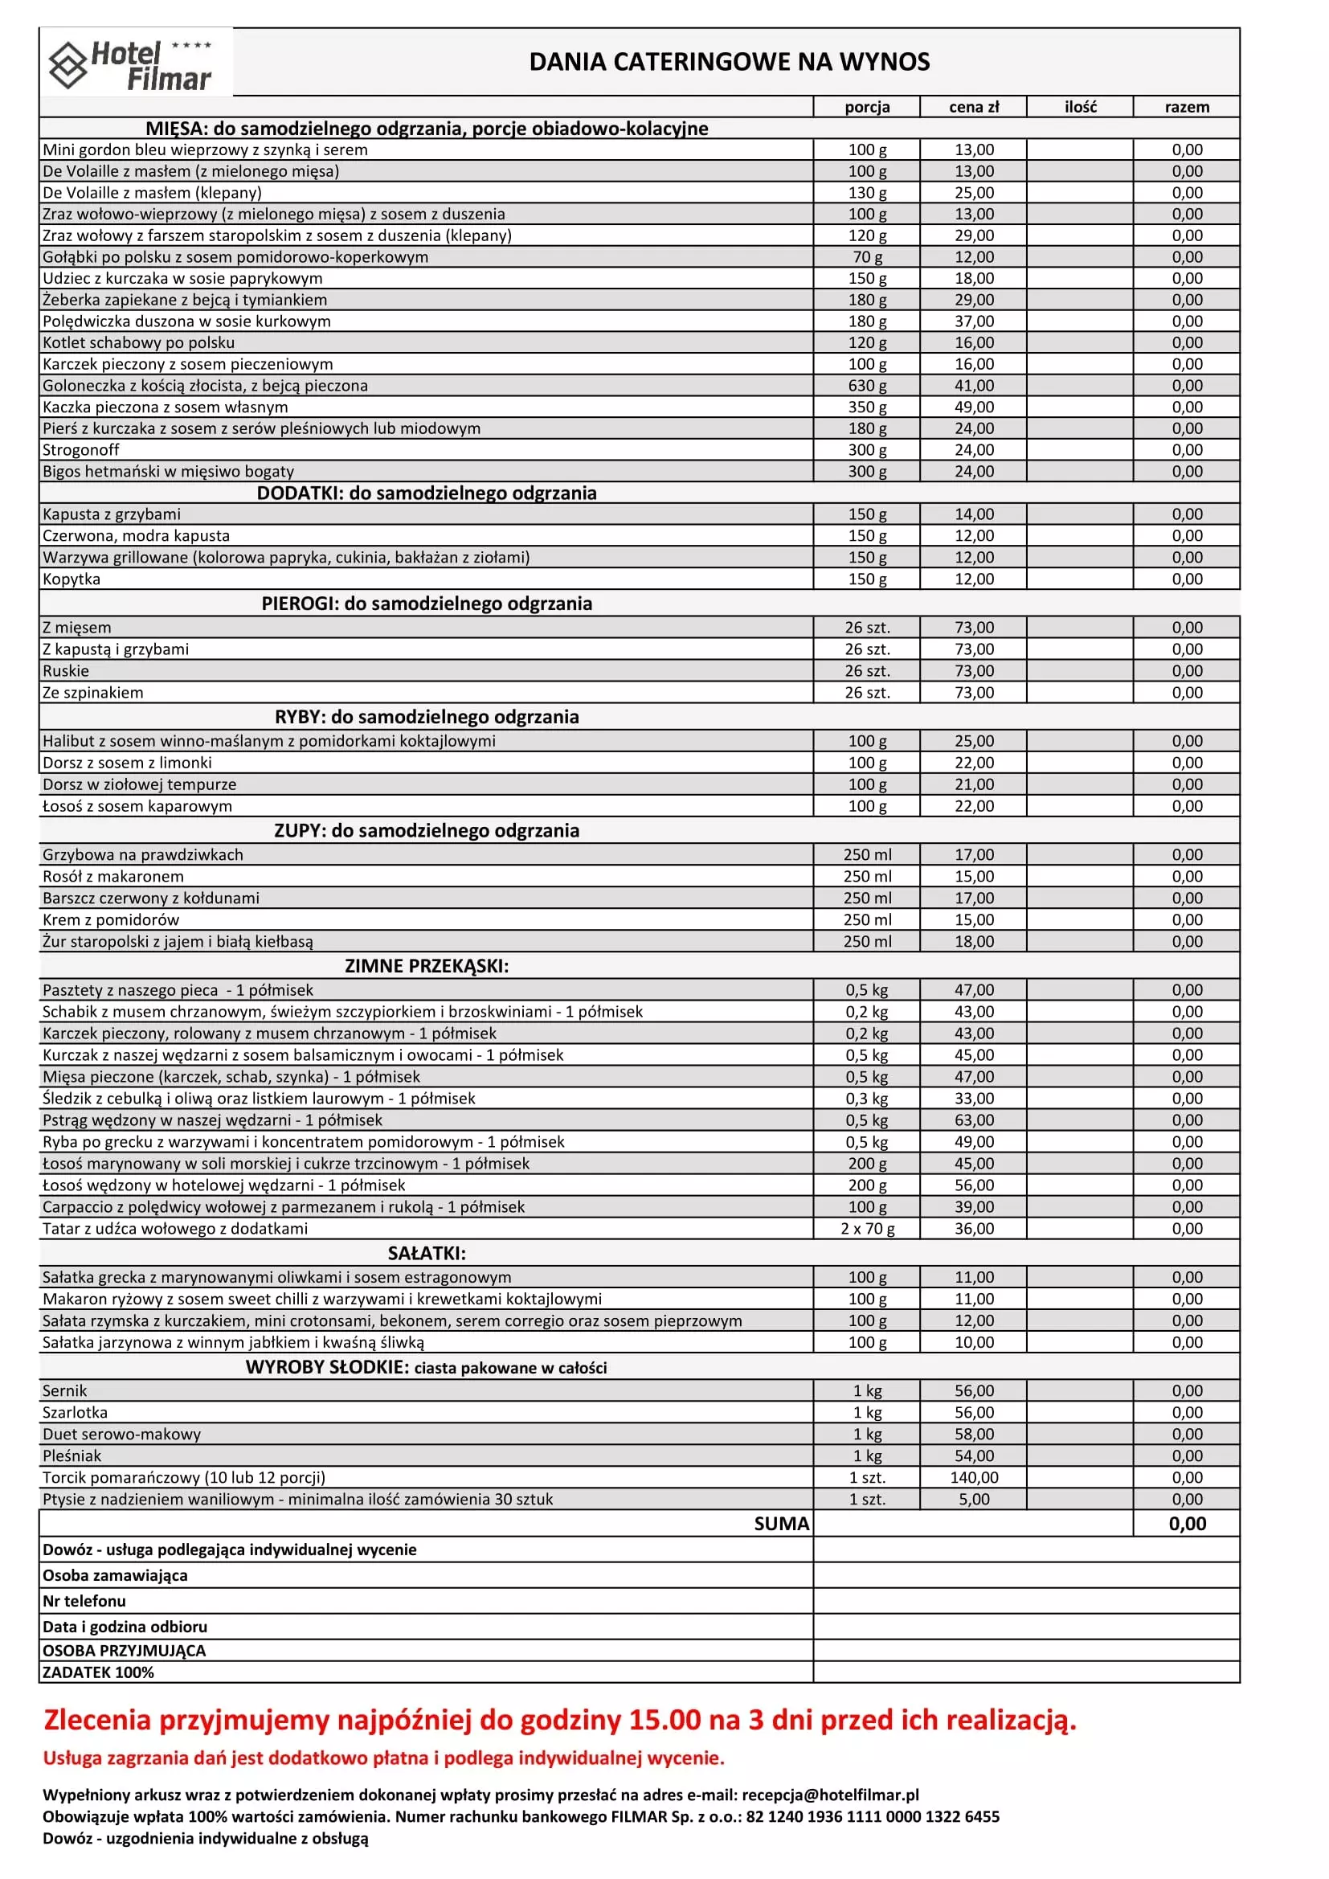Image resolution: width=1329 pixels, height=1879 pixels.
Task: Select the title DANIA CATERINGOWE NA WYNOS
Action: coord(729,62)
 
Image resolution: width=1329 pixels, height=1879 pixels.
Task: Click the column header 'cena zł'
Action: coord(974,107)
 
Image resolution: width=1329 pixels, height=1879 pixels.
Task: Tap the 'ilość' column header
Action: coord(1080,107)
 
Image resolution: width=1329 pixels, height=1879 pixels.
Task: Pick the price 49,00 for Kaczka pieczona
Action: coord(974,407)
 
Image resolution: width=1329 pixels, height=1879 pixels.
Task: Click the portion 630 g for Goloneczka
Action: coord(867,386)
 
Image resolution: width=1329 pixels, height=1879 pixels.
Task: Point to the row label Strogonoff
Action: coord(81,450)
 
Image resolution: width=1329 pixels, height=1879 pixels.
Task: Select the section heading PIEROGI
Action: coord(427,604)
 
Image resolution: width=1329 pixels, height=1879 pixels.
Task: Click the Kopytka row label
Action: coord(72,579)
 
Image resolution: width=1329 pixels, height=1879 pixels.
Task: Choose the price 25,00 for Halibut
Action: coord(974,742)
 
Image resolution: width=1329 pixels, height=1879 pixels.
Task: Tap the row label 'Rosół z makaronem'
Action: coord(113,877)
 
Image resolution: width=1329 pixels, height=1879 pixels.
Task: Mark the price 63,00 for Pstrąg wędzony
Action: coord(974,1120)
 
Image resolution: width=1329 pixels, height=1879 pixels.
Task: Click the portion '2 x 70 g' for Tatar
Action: coord(868,1228)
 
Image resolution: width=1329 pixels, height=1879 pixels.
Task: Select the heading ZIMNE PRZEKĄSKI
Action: coord(427,967)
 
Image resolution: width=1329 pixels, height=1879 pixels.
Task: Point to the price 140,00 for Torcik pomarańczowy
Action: coord(974,1477)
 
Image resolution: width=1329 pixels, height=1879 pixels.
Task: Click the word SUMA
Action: coord(782,1524)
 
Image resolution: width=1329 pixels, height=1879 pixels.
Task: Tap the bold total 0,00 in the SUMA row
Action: coord(1187,1524)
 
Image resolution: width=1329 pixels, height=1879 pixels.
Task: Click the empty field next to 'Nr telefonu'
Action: coord(1026,1601)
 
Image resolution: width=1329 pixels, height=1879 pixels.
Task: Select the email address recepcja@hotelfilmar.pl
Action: coord(830,1795)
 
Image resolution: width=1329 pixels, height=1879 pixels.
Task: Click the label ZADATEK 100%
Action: coord(98,1672)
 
